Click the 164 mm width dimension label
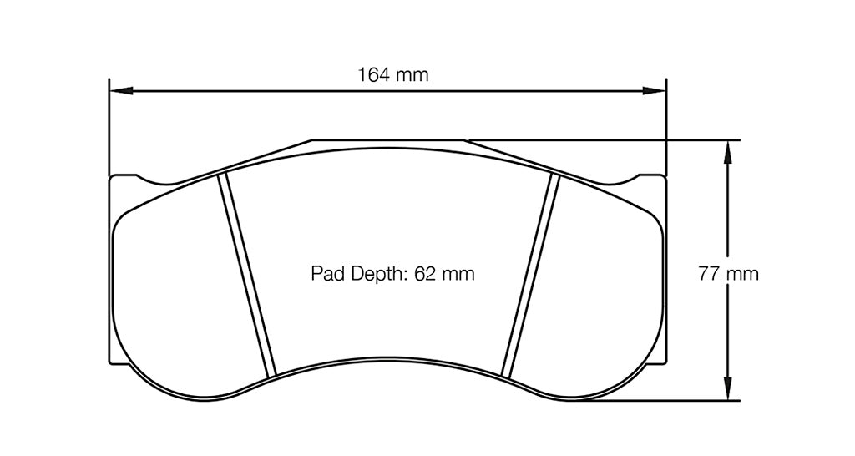(x=393, y=74)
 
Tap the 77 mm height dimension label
(x=728, y=273)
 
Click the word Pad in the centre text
(x=326, y=273)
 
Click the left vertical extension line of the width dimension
(x=109, y=125)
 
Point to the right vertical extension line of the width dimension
(x=665, y=125)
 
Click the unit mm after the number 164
(x=412, y=74)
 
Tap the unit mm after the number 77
(x=742, y=273)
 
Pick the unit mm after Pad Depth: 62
(x=458, y=273)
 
